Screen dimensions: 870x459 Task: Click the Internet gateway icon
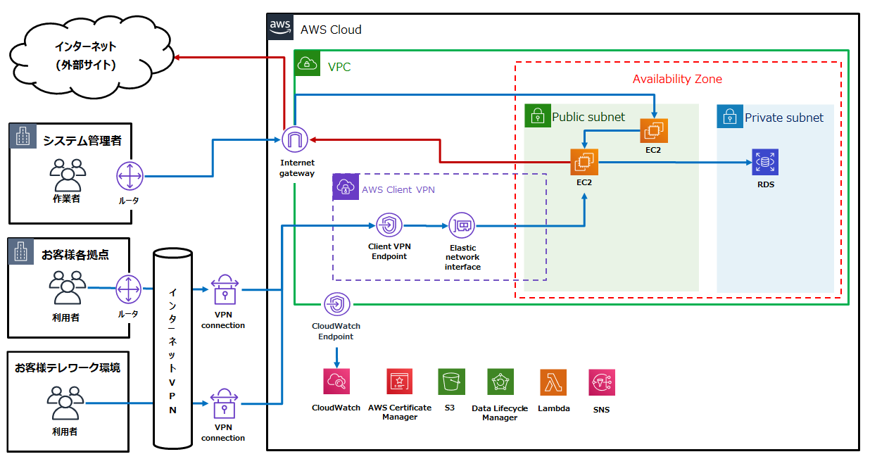[295, 140]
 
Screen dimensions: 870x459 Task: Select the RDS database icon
[765, 162]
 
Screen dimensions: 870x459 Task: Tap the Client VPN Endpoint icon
[389, 225]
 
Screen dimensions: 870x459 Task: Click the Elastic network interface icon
[462, 225]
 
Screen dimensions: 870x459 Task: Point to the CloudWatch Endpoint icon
[336, 304]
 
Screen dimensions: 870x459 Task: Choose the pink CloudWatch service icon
[336, 382]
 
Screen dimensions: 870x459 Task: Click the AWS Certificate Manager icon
[400, 382]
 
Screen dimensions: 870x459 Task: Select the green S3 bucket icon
[451, 382]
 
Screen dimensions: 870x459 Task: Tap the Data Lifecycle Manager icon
[500, 382]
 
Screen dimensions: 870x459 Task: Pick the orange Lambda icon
[553, 382]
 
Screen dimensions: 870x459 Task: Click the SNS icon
[602, 382]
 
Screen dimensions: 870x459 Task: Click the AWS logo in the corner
[280, 27]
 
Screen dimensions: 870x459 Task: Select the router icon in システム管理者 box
[130, 176]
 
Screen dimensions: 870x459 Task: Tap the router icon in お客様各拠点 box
[129, 289]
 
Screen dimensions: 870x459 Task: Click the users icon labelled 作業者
[68, 175]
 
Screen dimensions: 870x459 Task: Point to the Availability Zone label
[677, 80]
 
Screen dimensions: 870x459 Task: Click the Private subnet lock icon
[730, 116]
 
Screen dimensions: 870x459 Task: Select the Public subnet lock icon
[538, 115]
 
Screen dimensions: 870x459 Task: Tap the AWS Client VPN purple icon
[346, 187]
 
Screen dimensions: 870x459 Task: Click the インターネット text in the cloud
[86, 46]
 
